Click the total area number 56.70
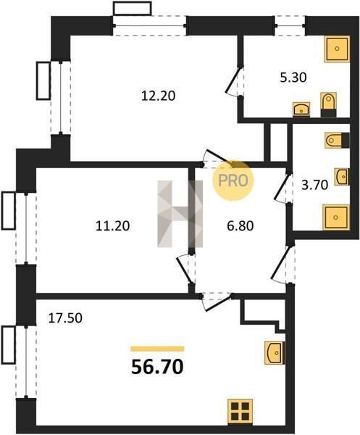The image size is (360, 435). tap(157, 366)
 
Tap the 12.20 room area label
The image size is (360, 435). tap(158, 96)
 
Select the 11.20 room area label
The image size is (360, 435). tap(112, 225)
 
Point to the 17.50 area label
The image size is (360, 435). tap(65, 318)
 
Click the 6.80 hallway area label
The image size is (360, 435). tap(240, 225)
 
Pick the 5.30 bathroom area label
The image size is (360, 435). tap(293, 78)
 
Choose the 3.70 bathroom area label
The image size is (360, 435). tap(315, 185)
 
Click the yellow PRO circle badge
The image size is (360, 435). tap(233, 181)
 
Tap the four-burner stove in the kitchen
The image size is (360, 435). tap(240, 411)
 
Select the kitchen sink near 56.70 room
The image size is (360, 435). tap(275, 352)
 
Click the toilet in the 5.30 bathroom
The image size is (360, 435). tap(329, 104)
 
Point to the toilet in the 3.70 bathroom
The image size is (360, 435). tap(337, 141)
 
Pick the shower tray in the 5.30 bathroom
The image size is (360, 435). tap(337, 49)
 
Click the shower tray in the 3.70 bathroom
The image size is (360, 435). tap(336, 217)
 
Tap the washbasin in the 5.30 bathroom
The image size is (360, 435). tap(301, 109)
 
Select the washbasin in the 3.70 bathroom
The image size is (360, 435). tap(342, 176)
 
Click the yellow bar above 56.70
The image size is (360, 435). tap(157, 349)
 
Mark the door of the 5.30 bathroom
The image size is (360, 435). tap(235, 80)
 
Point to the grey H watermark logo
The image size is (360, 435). tap(180, 214)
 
